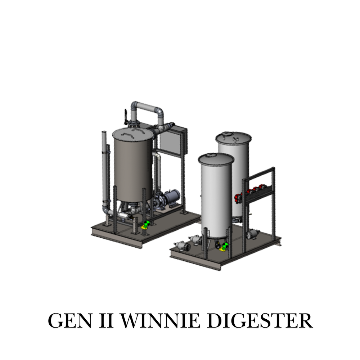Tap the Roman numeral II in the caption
[x=106, y=320]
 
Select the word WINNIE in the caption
[x=160, y=320]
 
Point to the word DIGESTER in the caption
[x=260, y=320]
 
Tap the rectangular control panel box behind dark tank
[x=174, y=140]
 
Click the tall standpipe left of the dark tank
[x=104, y=170]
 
